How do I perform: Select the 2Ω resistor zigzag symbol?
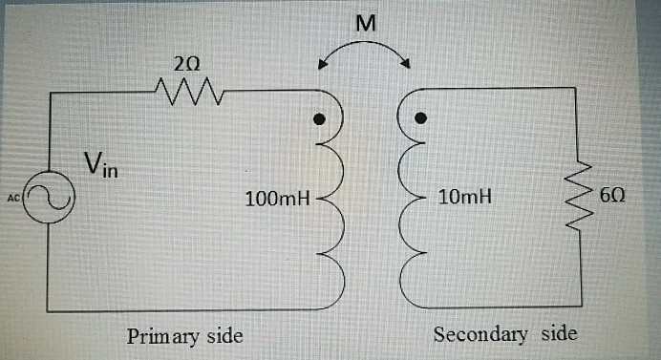pyautogui.click(x=188, y=92)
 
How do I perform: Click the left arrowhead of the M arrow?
pyautogui.click(x=323, y=67)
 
